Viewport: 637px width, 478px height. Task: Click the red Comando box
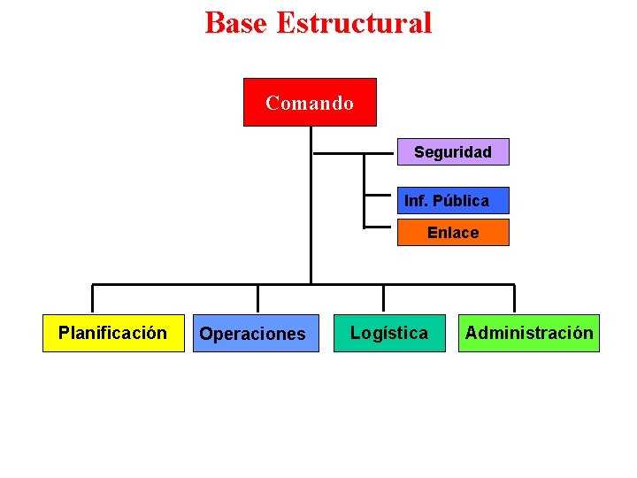tap(310, 103)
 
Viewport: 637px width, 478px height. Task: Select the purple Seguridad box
tap(452, 152)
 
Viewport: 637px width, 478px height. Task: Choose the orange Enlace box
tap(452, 233)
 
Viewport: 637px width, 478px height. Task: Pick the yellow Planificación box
tap(112, 333)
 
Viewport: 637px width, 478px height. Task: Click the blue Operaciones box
tap(256, 334)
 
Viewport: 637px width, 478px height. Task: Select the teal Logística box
tap(389, 333)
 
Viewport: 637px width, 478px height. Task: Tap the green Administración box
tap(528, 333)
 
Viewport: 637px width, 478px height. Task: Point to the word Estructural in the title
tap(354, 22)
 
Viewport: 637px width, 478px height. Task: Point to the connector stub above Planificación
tap(93, 298)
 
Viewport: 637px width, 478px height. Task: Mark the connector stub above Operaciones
tap(257, 298)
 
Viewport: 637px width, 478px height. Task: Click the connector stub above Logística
tap(383, 298)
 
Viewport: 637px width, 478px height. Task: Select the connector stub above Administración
tap(514, 298)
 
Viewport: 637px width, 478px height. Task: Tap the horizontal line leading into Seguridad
tap(354, 153)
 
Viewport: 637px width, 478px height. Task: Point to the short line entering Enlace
tap(380, 227)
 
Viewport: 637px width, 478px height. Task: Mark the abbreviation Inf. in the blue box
tap(416, 200)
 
